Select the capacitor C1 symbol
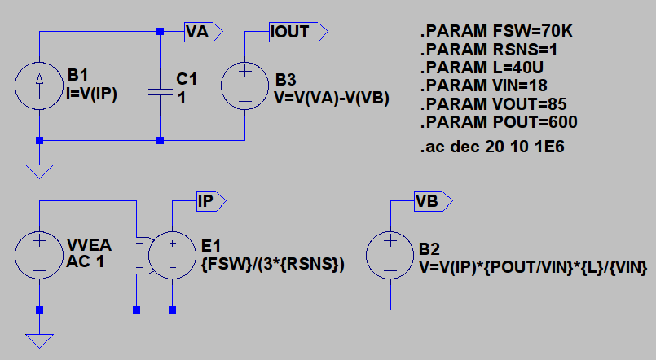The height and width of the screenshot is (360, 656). pos(161,92)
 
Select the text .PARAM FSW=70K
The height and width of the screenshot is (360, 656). pos(497,33)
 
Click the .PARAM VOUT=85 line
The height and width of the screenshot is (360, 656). pos(493,104)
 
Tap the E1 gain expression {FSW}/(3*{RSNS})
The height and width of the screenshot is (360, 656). pos(272,266)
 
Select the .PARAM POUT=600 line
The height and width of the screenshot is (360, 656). pos(499,122)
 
